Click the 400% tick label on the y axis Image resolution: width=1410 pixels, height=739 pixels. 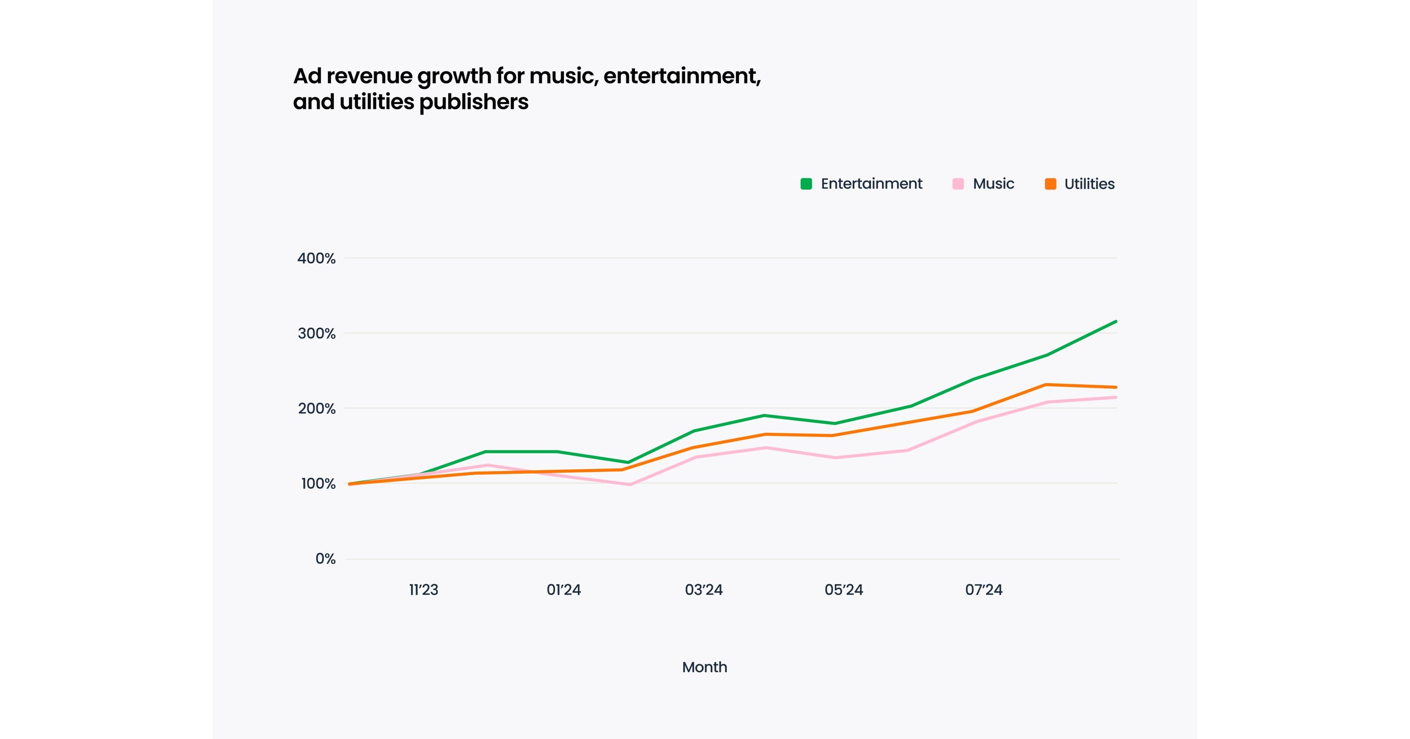coord(316,258)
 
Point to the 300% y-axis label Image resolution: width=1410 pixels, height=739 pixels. coord(316,333)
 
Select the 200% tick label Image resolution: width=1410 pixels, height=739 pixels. coord(316,408)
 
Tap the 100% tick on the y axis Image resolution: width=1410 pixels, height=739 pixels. coord(318,484)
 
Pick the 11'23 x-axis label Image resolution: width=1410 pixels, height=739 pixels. coord(423,590)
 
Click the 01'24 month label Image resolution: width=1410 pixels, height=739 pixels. coord(563,590)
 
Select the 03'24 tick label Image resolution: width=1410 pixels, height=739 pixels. coord(703,590)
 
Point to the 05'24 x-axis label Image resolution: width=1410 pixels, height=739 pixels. coord(844,590)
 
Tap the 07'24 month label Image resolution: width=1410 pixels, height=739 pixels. coord(984,590)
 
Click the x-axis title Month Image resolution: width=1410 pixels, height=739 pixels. coord(704,667)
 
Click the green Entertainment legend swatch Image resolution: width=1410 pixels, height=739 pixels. coord(806,184)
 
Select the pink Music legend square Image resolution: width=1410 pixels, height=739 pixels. coord(958,184)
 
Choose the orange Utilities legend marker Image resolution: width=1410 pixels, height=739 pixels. coord(1050,184)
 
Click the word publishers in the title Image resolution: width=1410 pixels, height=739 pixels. coord(473,102)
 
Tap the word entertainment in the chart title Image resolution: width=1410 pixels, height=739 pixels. coord(681,76)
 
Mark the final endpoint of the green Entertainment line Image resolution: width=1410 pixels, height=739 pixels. coord(1115,322)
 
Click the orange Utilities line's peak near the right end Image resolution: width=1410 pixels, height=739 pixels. coord(1046,385)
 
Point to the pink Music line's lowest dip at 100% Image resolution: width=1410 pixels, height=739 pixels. coord(630,484)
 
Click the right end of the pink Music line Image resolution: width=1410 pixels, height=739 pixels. coord(1115,397)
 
